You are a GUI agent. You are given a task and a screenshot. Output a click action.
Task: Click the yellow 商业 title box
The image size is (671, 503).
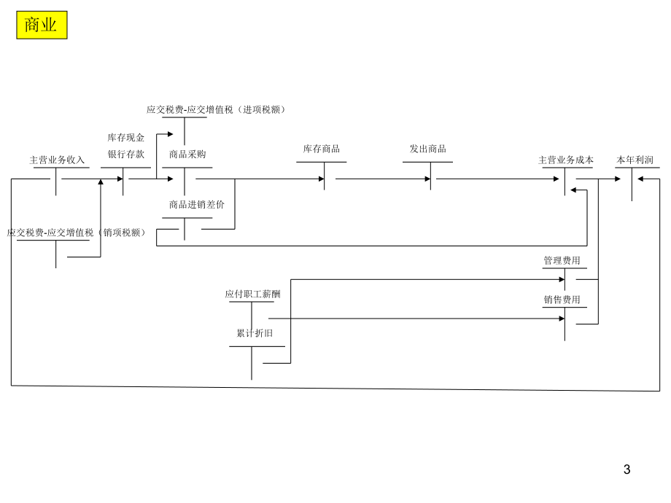[42, 25]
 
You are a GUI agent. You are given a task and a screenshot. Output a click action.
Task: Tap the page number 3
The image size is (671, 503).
[627, 469]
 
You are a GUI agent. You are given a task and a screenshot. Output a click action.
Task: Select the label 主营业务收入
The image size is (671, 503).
[57, 160]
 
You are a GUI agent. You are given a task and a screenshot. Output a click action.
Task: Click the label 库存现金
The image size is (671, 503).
[126, 137]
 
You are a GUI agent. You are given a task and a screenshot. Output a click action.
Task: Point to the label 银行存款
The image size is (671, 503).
[126, 154]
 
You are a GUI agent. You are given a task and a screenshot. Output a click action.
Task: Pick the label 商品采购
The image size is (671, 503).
[187, 154]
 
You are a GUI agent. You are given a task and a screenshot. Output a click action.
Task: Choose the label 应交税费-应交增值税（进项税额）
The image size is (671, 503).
[217, 109]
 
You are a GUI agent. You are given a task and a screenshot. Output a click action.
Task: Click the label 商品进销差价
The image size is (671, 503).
[197, 204]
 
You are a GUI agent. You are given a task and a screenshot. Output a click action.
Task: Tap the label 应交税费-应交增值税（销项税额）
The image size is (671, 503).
[77, 233]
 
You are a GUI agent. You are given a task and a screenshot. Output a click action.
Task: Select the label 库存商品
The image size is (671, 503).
[322, 149]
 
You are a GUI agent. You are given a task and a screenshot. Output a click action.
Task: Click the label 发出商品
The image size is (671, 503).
[427, 149]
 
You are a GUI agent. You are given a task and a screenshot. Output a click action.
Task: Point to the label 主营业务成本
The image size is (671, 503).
[566, 160]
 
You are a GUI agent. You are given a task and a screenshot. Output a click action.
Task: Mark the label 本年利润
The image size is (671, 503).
[635, 160]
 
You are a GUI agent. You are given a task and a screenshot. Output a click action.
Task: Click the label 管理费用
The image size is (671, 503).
[562, 260]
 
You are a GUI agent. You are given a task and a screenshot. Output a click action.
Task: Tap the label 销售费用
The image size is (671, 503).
[562, 300]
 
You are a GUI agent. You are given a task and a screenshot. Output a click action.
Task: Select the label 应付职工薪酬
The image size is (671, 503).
[252, 294]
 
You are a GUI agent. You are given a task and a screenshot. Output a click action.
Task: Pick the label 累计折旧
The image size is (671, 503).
[255, 333]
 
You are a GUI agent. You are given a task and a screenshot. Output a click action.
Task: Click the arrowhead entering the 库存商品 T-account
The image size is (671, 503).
[321, 179]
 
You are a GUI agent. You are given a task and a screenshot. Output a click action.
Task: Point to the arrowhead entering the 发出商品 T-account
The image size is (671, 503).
[427, 179]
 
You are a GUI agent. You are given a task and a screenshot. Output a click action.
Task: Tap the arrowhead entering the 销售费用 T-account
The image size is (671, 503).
[562, 319]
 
